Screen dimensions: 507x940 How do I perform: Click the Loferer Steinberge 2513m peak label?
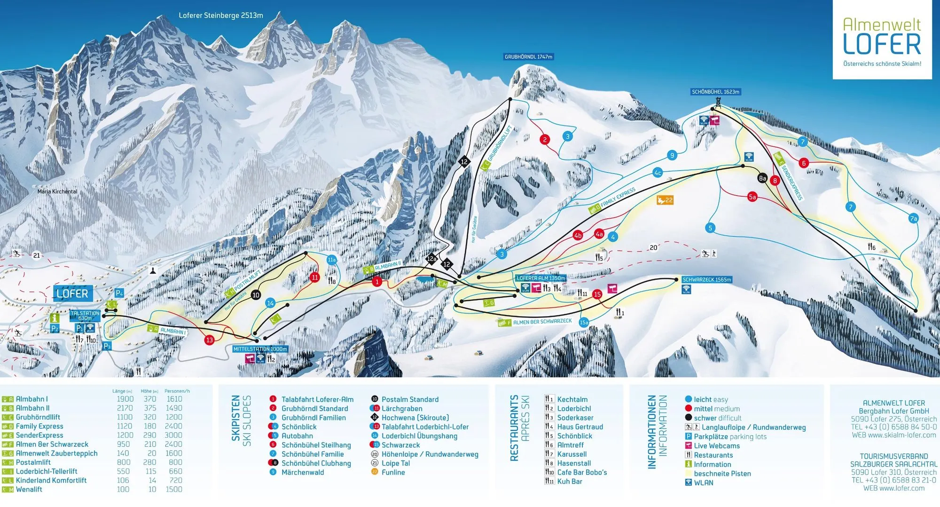pos(221,16)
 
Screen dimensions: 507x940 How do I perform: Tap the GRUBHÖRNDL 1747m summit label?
pos(528,57)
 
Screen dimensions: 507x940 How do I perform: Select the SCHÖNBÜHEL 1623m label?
pos(715,92)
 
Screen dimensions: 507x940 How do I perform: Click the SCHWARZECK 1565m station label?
pos(706,279)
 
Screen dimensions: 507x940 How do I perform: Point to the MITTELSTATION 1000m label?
pos(260,349)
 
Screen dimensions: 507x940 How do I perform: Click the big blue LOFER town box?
pos(72,293)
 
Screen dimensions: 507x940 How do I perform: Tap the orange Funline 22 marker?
pos(665,200)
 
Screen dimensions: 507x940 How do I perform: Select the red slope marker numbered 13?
pos(209,340)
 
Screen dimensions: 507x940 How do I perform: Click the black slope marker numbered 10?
pos(256,295)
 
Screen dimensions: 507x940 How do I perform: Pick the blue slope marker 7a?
pos(913,218)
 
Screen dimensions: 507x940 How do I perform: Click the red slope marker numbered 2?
pos(545,139)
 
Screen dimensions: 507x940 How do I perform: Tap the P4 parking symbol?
pos(119,293)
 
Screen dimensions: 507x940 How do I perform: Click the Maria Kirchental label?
pos(57,191)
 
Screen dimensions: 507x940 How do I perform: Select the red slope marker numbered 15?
pos(597,294)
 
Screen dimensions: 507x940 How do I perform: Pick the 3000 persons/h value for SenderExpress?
pos(173,435)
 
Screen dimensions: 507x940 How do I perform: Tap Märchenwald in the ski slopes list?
pos(302,472)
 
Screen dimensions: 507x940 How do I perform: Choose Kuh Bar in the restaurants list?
pos(570,481)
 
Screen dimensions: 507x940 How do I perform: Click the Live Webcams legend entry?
pos(716,446)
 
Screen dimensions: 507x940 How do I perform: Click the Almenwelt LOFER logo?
pos(882,40)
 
